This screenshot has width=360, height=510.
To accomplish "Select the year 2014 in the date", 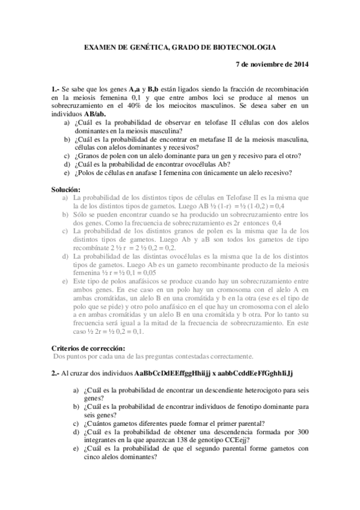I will pos(298,64).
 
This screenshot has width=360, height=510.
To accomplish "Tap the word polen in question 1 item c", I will pos(110,156).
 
